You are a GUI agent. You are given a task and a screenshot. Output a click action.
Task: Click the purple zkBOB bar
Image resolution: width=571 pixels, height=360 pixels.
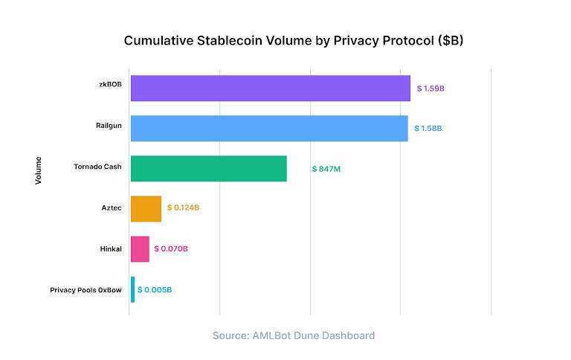(x=270, y=88)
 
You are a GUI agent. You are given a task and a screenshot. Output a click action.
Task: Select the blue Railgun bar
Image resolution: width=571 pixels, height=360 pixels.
(x=269, y=128)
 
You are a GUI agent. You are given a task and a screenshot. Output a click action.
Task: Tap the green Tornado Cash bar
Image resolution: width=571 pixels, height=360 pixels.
(x=208, y=169)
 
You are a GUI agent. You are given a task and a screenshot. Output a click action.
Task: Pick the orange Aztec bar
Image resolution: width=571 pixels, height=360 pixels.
(x=146, y=208)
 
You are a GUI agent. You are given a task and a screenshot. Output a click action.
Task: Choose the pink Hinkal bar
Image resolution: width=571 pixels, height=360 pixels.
(x=140, y=249)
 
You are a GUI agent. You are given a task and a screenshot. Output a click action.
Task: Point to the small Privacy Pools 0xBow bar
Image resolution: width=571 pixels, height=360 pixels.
(x=133, y=289)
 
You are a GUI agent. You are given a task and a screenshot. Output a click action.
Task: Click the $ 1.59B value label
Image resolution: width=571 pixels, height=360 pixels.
(x=430, y=89)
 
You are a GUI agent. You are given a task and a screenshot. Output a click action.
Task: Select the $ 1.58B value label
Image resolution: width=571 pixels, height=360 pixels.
(x=428, y=129)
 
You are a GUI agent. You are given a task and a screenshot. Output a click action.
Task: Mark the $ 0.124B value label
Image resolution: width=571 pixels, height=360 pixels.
(x=183, y=208)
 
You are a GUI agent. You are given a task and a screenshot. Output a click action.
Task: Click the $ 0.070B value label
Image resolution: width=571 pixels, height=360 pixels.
(x=171, y=249)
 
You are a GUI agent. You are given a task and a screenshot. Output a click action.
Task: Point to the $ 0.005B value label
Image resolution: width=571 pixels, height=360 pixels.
(x=155, y=289)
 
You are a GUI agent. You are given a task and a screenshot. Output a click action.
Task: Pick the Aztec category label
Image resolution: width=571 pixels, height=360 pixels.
(x=112, y=207)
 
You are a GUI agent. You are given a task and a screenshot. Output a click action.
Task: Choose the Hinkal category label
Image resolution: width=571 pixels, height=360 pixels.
(x=110, y=248)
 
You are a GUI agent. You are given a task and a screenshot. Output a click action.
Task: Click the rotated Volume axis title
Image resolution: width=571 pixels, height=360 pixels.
(x=39, y=170)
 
